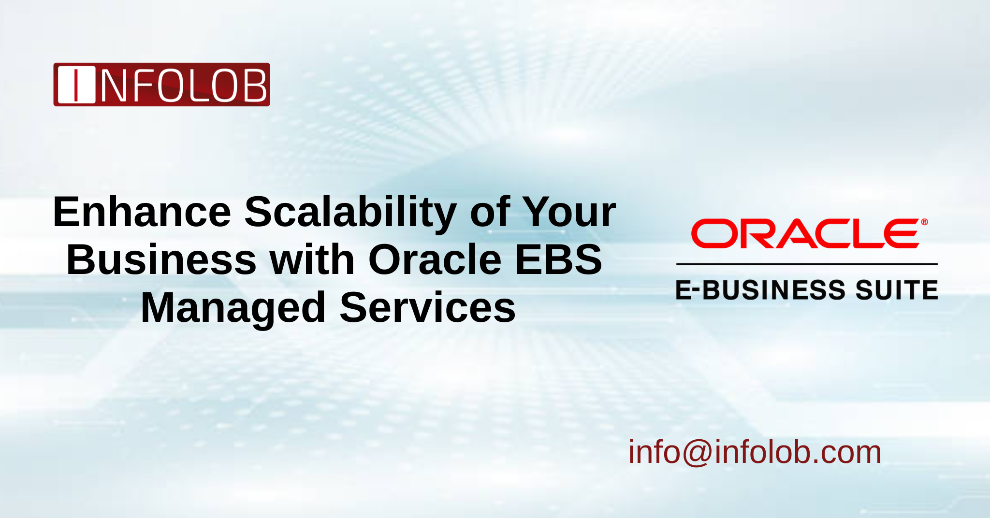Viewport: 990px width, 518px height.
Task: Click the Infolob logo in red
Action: point(161,85)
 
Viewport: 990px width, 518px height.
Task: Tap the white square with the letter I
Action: point(76,85)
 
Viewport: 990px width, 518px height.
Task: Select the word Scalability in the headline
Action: point(350,213)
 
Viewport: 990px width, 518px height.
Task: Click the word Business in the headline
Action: point(161,260)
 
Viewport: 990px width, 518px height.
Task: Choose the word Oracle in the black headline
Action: point(435,260)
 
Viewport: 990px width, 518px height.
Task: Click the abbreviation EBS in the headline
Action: point(559,260)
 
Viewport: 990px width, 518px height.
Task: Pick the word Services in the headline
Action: point(428,308)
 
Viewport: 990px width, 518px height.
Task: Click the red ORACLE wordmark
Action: point(805,234)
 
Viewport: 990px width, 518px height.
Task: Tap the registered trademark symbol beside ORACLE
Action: point(924,222)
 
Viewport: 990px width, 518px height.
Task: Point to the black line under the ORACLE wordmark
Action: point(806,264)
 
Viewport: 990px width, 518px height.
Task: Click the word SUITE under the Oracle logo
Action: point(897,290)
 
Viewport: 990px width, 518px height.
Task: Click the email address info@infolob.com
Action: point(755,452)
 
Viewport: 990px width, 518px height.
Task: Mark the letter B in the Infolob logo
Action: point(255,86)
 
